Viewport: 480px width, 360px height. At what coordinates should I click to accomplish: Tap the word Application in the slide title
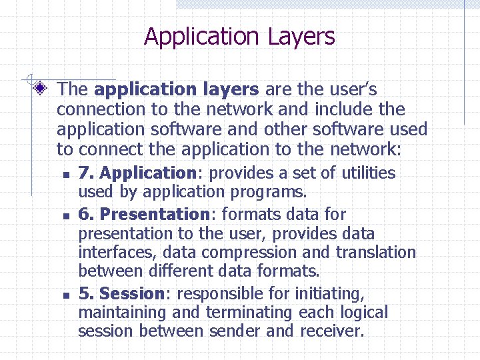[203, 37]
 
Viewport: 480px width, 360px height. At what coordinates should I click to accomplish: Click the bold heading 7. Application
[137, 173]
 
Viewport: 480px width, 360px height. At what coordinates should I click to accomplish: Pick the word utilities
[369, 173]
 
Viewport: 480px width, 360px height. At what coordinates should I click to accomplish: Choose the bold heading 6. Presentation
[144, 214]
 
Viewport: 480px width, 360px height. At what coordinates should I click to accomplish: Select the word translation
[375, 253]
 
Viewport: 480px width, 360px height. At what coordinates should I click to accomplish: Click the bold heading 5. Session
[121, 293]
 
